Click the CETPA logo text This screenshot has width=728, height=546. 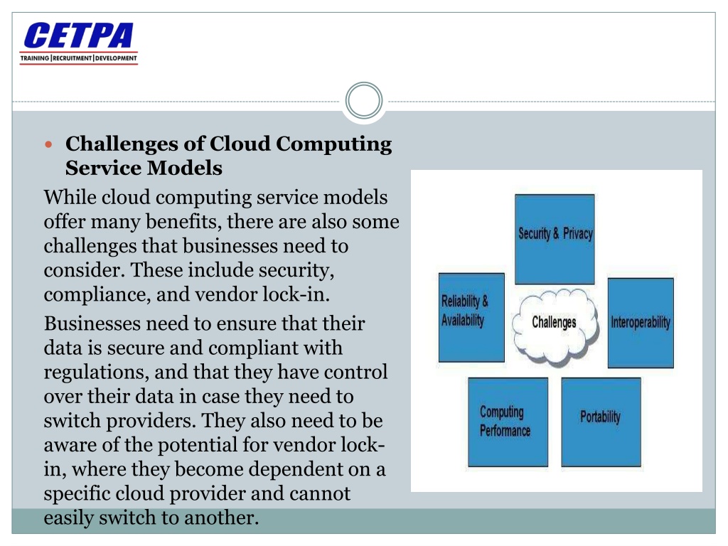coord(78,36)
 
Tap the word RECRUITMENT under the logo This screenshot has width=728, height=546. coord(72,58)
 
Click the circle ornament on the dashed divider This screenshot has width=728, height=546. coord(364,100)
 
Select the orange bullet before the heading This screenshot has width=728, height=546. coord(49,144)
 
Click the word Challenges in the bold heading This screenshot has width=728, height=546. coord(122,144)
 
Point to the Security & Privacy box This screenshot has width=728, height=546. coord(555,239)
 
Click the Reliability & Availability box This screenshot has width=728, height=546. coord(472,318)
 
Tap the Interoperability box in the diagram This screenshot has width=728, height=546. coord(641,323)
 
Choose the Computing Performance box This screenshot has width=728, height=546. coord(508,422)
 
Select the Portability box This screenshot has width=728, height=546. coord(601,422)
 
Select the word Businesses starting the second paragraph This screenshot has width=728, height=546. coord(92,323)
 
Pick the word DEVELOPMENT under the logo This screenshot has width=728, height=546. coord(116,58)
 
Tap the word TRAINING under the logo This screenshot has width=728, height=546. coord(35,58)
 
